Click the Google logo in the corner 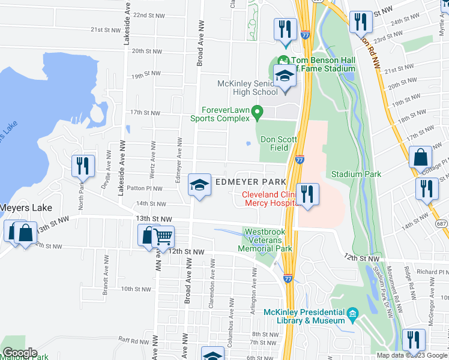point(19,353)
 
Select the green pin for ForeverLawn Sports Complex point(258,111)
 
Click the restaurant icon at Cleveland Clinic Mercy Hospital point(307,194)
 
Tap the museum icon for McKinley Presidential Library point(353,313)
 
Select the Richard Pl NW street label point(432,272)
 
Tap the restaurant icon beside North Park point(82,166)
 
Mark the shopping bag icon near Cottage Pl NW point(421,157)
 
